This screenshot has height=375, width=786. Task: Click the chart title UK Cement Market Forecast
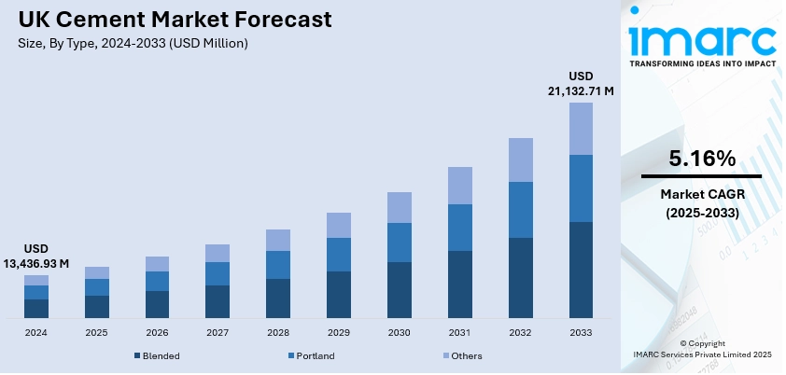tap(168, 20)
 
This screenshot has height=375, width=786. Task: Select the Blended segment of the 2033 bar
tap(581, 270)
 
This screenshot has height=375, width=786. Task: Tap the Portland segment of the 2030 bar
tap(400, 243)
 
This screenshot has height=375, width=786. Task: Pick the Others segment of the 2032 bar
tap(521, 160)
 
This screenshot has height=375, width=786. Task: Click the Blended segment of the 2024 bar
tap(36, 309)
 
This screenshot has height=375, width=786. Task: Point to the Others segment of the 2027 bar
tap(218, 253)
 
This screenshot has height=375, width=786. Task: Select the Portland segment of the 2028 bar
tap(278, 265)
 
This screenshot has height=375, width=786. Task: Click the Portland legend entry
tap(312, 355)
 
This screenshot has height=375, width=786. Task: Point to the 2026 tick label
tap(157, 332)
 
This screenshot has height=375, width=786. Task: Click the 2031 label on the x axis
tap(460, 332)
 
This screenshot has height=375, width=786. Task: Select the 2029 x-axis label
tap(339, 332)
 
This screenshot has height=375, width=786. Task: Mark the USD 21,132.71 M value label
tap(580, 83)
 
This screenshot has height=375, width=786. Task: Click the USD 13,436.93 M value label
tap(36, 257)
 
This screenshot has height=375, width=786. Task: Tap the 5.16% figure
tap(702, 159)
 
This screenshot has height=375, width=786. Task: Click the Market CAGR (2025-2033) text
tap(702, 203)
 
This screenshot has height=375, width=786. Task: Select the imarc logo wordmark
tap(702, 39)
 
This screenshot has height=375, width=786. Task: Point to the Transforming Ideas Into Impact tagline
tap(702, 64)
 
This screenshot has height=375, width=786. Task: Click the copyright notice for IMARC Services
tap(702, 349)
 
